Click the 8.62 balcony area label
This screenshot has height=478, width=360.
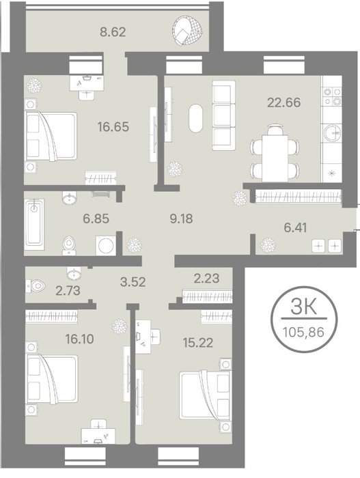[x=113, y=31]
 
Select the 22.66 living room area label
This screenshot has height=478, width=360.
[x=283, y=102]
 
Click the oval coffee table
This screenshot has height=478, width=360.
[x=195, y=118]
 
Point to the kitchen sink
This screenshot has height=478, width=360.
[x=332, y=133]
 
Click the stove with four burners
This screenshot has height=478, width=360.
[x=332, y=96]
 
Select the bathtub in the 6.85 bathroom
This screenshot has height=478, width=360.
[x=34, y=223]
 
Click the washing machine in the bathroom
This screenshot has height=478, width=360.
[x=106, y=245]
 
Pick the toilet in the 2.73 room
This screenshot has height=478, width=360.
[x=36, y=286]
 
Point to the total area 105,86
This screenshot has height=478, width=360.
[x=303, y=331]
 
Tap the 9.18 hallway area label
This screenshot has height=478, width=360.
[x=181, y=219]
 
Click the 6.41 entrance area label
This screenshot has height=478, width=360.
[x=295, y=227]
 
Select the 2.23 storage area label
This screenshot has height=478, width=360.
[x=206, y=278]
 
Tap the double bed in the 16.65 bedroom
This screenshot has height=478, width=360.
[x=51, y=136]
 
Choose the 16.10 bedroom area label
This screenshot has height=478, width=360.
[x=80, y=339]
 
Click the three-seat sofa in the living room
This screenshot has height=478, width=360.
[x=223, y=115]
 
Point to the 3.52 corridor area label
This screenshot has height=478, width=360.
[x=133, y=281]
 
